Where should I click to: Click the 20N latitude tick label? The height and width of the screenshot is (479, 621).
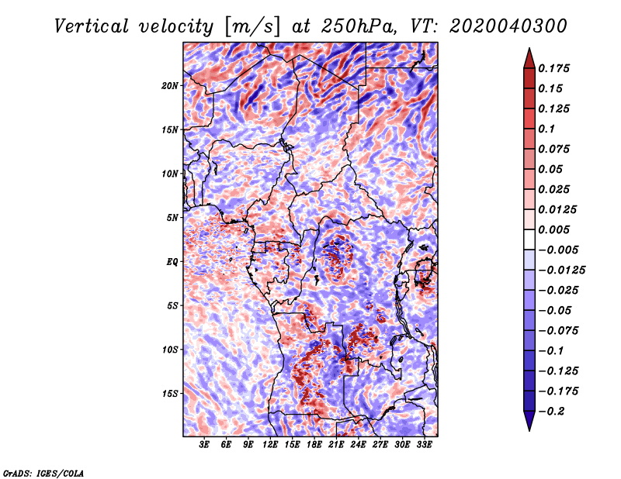(x=169, y=86)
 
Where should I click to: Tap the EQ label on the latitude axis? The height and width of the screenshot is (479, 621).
(x=172, y=262)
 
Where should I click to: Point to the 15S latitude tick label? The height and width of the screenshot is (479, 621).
(x=169, y=394)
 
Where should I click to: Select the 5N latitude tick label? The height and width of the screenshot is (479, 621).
(x=172, y=218)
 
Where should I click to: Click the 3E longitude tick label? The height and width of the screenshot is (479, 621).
(x=203, y=444)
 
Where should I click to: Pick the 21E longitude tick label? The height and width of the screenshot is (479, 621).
(x=336, y=444)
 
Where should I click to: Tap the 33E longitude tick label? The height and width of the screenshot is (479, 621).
(x=424, y=444)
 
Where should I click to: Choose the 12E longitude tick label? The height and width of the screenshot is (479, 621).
(x=269, y=444)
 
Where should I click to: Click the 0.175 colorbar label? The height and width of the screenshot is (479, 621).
(x=553, y=68)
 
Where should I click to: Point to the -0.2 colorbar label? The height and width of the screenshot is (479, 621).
(x=551, y=412)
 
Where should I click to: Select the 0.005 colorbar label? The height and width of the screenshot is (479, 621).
(x=553, y=229)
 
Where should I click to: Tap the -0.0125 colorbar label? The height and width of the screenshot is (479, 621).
(x=561, y=271)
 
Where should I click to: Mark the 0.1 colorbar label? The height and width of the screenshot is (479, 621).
(x=546, y=129)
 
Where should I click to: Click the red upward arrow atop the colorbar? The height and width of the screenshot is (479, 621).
(x=529, y=58)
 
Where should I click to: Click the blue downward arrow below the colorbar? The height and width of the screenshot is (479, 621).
(x=529, y=421)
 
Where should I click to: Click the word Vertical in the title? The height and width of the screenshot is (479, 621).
(x=91, y=26)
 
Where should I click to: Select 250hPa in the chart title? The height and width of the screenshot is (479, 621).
(x=359, y=26)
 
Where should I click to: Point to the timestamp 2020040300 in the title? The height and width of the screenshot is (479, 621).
(x=508, y=26)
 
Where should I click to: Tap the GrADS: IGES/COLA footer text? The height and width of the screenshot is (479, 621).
(x=43, y=474)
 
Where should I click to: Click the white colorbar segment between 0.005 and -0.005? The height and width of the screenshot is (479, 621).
(x=529, y=239)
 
